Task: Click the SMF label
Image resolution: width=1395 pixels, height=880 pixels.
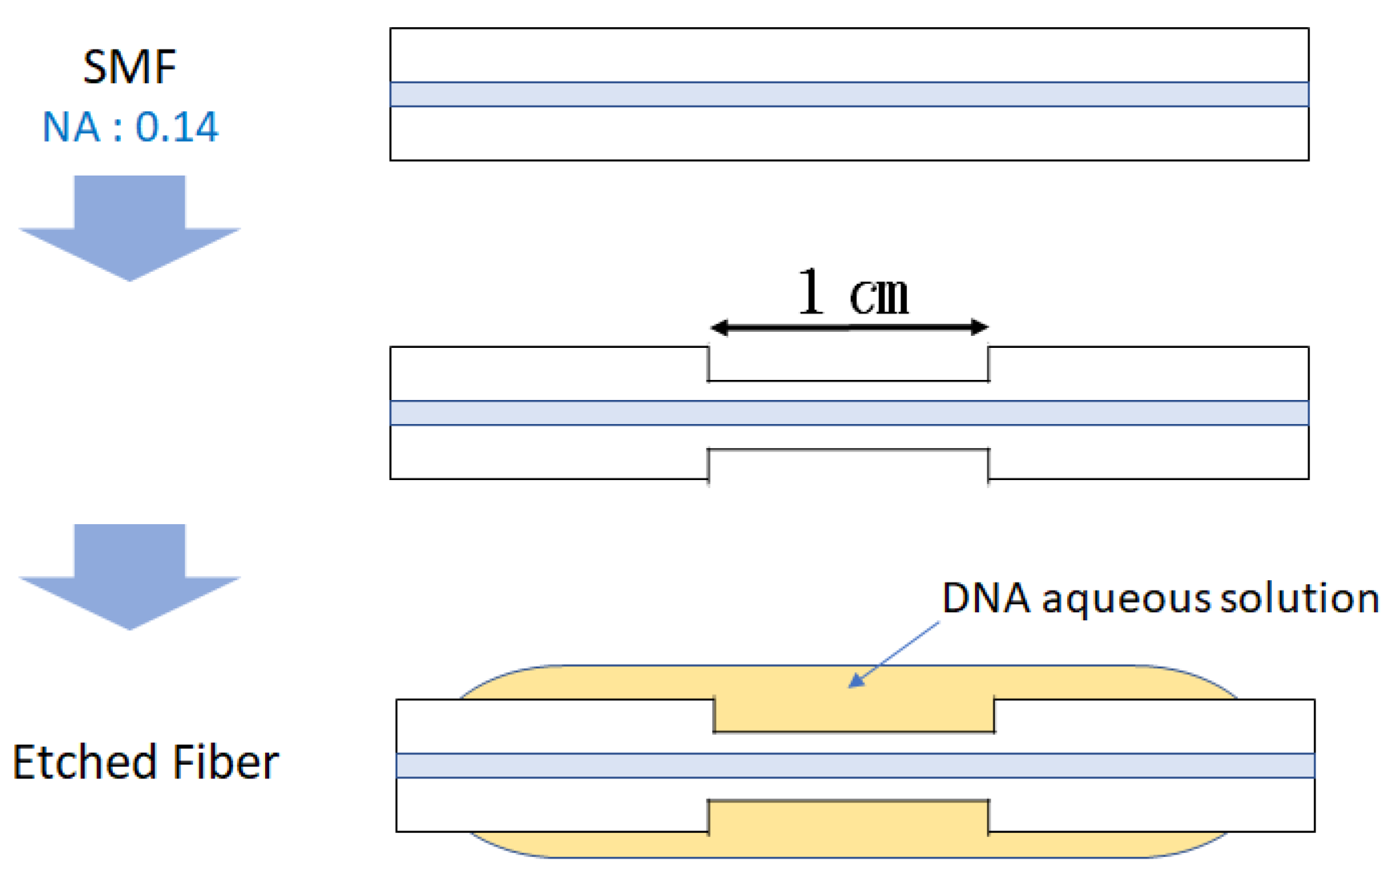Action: pyautogui.click(x=129, y=67)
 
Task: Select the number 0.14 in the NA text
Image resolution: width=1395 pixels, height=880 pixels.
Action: pyautogui.click(x=176, y=127)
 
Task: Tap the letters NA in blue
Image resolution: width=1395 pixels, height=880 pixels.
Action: pyautogui.click(x=71, y=127)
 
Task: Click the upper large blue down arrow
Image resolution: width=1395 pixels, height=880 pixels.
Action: pyautogui.click(x=130, y=227)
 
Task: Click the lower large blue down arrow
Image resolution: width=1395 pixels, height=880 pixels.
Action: pyautogui.click(x=130, y=575)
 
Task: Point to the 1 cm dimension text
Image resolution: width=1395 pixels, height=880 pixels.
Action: pyautogui.click(x=853, y=293)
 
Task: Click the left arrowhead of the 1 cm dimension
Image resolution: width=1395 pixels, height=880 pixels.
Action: pyautogui.click(x=720, y=327)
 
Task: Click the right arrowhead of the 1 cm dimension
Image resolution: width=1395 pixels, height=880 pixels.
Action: pyautogui.click(x=979, y=327)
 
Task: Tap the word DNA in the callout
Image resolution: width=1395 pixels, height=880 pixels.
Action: pyautogui.click(x=985, y=599)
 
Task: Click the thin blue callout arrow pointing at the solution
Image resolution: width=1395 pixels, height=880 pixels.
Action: pyautogui.click(x=893, y=654)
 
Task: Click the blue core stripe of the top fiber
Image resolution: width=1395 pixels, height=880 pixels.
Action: pyautogui.click(x=849, y=95)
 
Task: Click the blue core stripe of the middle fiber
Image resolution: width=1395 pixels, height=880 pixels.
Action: pyautogui.click(x=849, y=413)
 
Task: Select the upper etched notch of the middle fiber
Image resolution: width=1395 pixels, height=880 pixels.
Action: pyautogui.click(x=848, y=364)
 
